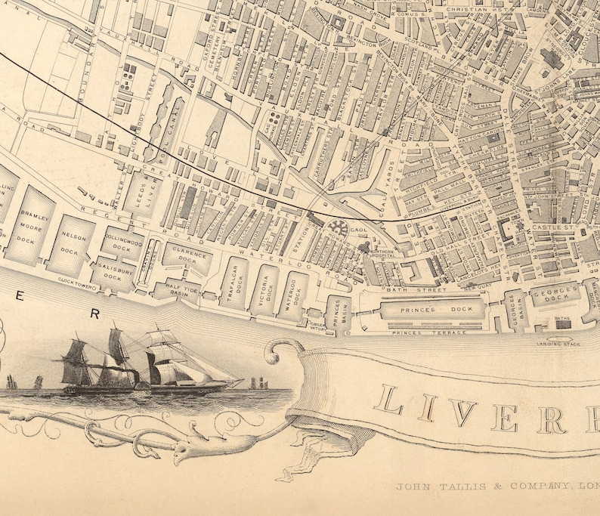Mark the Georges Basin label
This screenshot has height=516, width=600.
(514, 310)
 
